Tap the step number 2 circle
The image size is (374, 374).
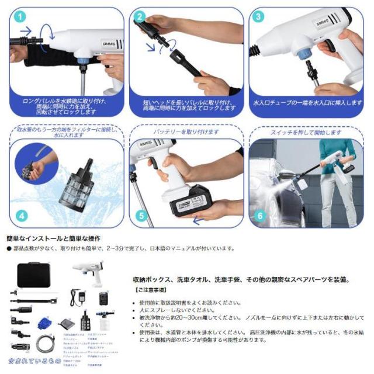[141, 17]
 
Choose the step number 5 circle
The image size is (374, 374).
[141, 216]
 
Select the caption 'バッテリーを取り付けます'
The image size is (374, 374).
[186, 133]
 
